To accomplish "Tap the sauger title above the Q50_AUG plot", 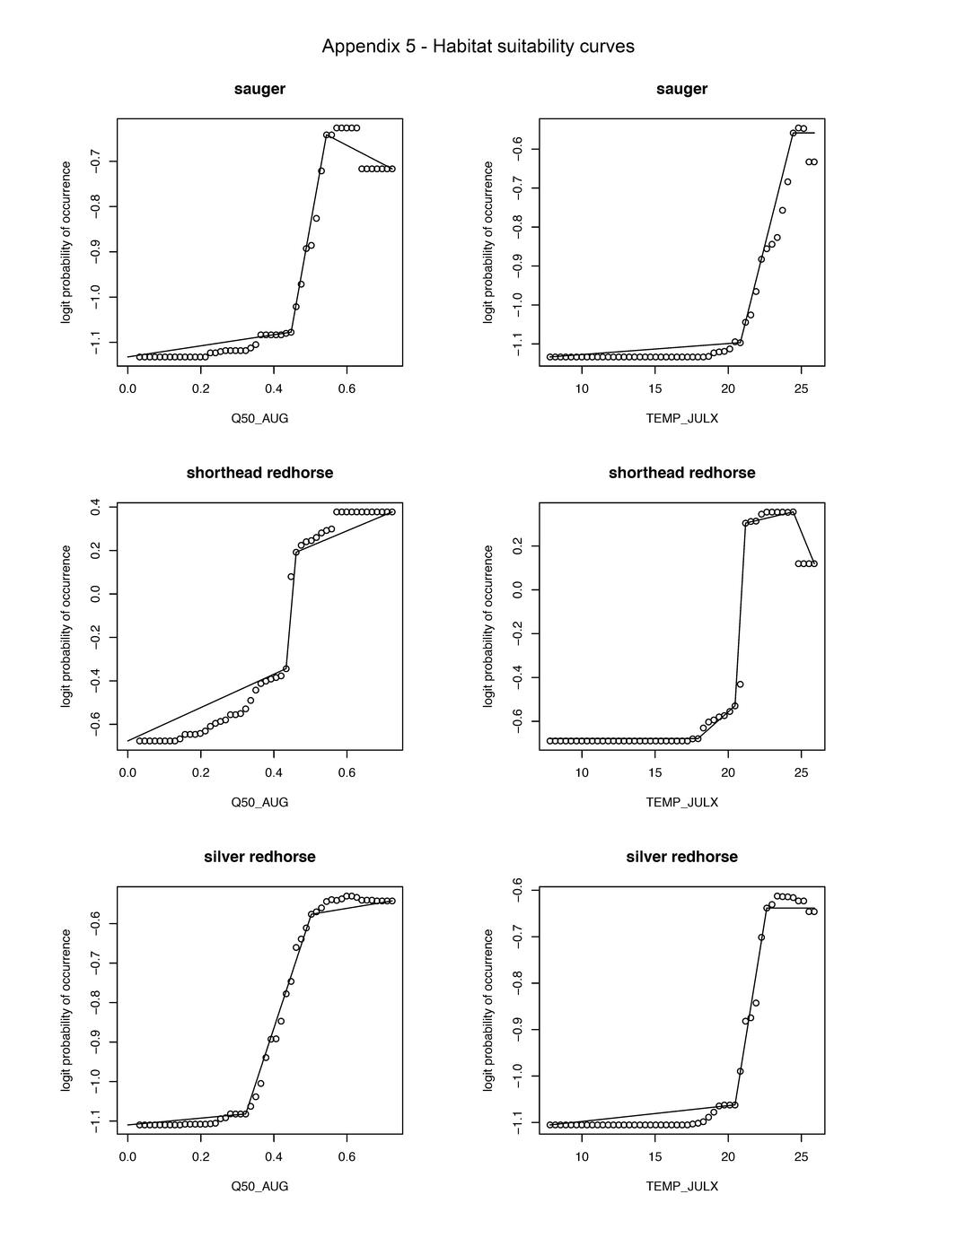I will pyautogui.click(x=259, y=89).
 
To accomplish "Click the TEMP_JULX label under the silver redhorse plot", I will pyautogui.click(x=681, y=1186).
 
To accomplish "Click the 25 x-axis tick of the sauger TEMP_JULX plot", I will pyautogui.click(x=801, y=388).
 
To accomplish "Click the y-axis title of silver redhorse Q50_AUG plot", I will pyautogui.click(x=66, y=1009).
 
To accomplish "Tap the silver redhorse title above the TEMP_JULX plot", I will pyautogui.click(x=681, y=857).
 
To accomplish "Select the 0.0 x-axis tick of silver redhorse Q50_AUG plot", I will pyautogui.click(x=127, y=1156).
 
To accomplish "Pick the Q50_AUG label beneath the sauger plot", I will pyautogui.click(x=259, y=418).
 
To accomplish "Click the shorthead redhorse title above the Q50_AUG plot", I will pyautogui.click(x=259, y=473).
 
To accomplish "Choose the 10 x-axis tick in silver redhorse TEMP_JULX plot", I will pyautogui.click(x=582, y=1156).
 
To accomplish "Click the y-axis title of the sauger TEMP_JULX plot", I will pyautogui.click(x=488, y=242).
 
